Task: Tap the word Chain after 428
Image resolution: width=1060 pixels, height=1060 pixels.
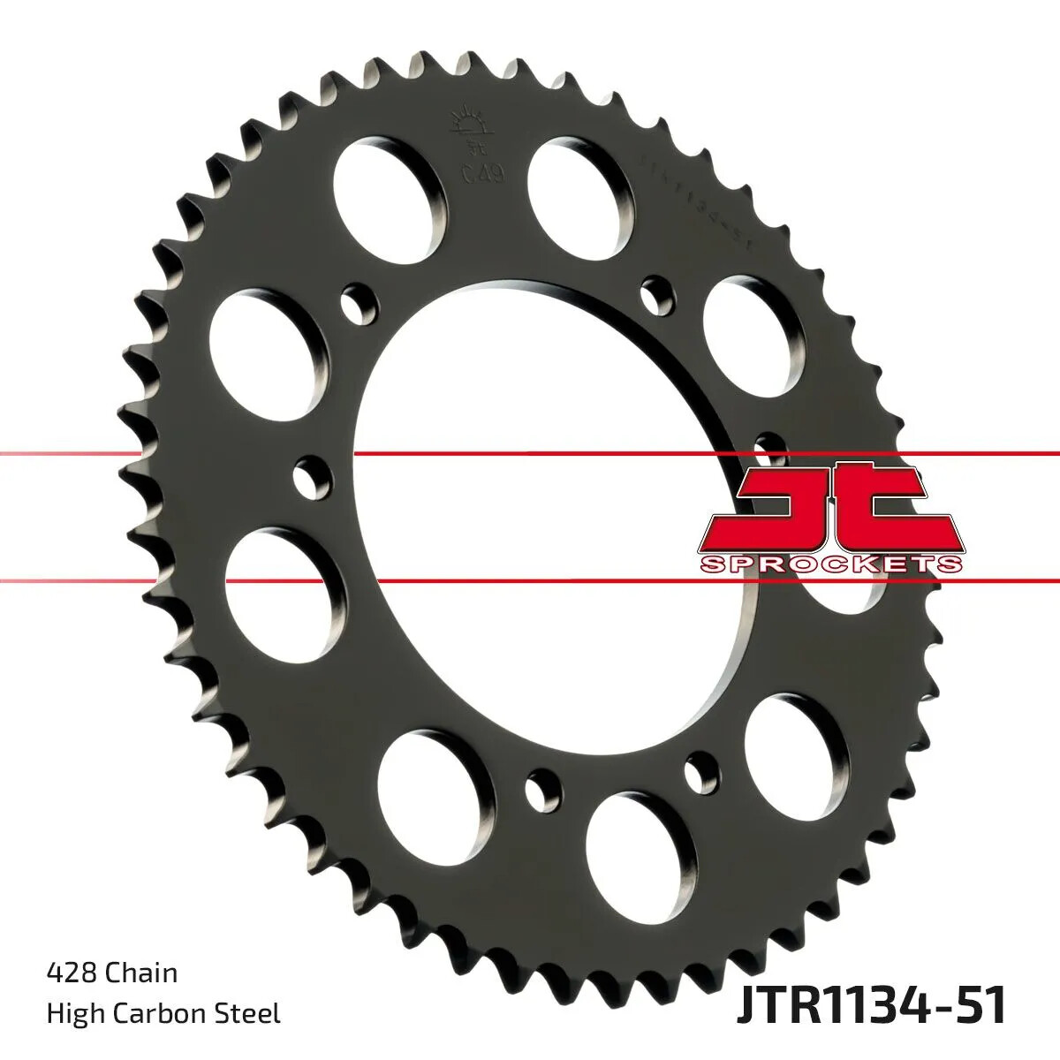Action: pos(141,973)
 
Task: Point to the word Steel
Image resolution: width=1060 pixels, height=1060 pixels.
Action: pos(251,1013)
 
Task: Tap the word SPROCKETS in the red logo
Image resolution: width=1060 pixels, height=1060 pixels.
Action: pos(830,563)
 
